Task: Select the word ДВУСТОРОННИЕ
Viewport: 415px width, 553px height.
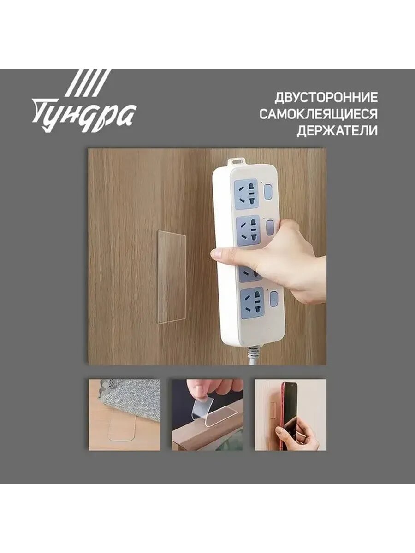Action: click(326, 98)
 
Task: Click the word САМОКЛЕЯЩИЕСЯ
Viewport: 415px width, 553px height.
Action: click(318, 114)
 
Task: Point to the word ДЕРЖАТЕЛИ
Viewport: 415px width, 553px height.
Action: click(337, 131)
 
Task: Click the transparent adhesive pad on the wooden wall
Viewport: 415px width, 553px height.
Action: click(172, 276)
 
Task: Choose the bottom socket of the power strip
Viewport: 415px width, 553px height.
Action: click(252, 302)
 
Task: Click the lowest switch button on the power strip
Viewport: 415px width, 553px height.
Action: click(273, 299)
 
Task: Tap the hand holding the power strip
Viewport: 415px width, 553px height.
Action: click(281, 260)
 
